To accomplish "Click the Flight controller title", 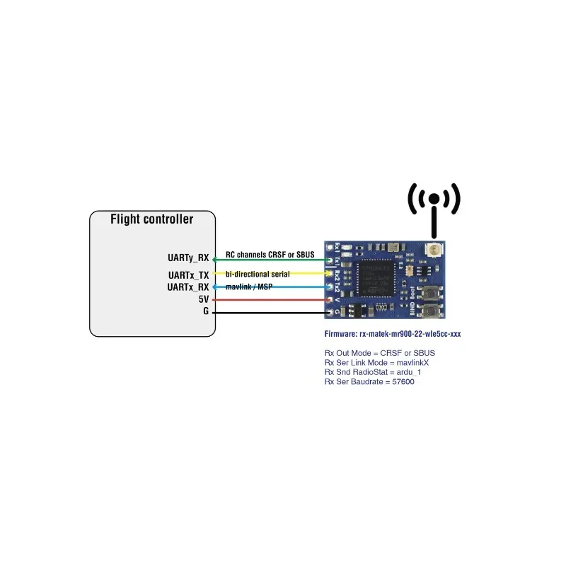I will (x=151, y=219).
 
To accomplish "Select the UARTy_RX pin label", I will (x=187, y=259).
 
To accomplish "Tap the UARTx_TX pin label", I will (x=188, y=275).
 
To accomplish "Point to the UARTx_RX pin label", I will (x=188, y=287).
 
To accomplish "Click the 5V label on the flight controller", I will (x=204, y=300).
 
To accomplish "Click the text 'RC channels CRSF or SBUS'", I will (x=270, y=254).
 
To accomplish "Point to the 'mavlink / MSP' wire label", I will (x=248, y=287).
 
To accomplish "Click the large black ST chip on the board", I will (x=380, y=277).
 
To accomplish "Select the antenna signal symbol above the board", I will (x=434, y=205).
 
